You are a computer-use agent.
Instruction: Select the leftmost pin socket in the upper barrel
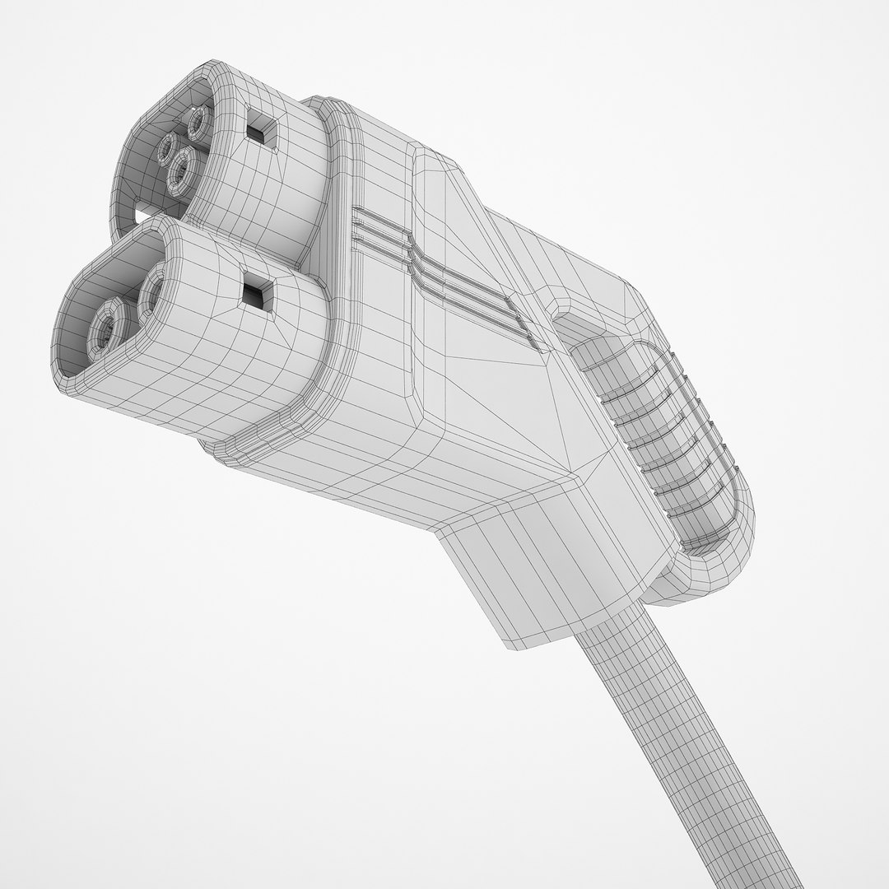click(x=170, y=151)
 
